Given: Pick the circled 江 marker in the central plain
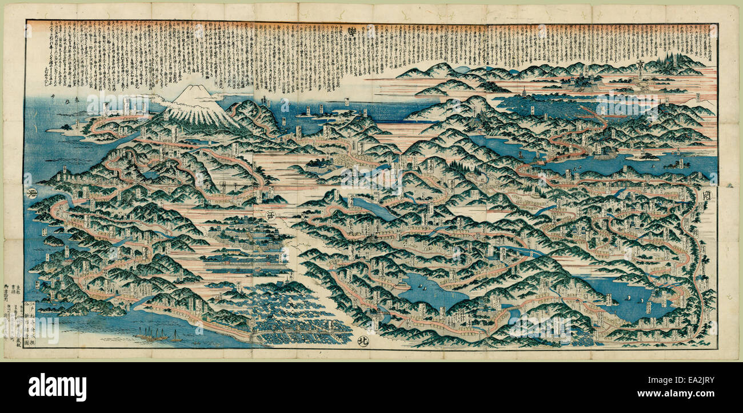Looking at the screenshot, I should tap(270, 215).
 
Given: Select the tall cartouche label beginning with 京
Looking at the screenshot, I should tap(640, 72).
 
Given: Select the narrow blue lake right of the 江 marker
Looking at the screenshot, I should tap(371, 208).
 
